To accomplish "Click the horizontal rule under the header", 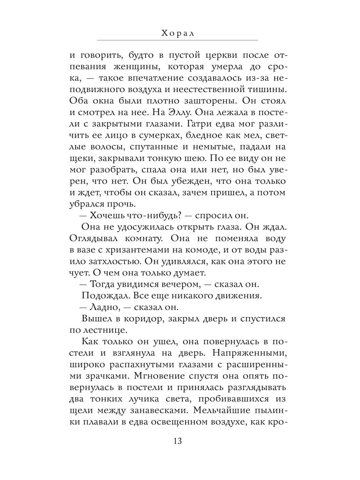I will (x=178, y=40).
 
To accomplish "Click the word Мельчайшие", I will (x=228, y=411).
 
